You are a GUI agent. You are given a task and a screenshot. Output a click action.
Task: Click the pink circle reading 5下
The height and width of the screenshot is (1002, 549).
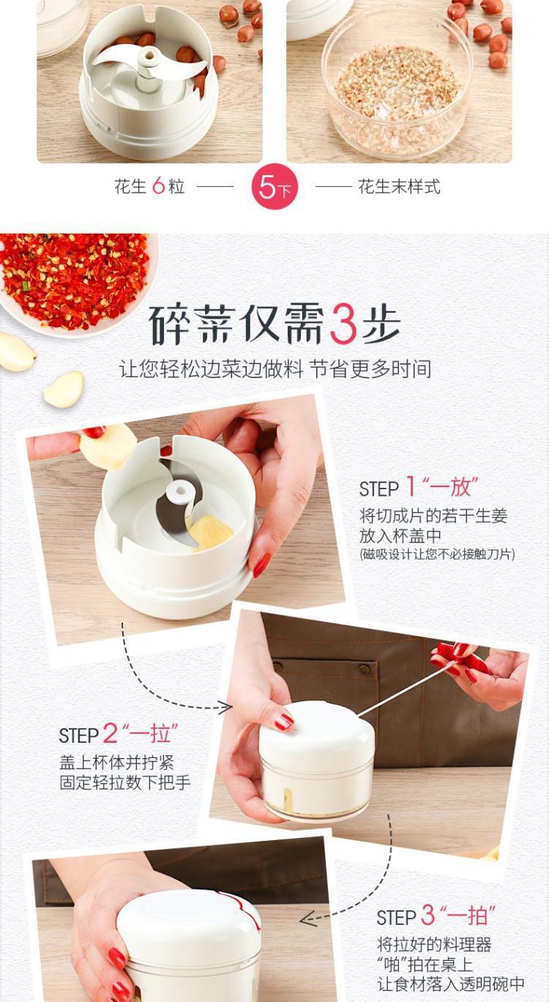tap(274, 187)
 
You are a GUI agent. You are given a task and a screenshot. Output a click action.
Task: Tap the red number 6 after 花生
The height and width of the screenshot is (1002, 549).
tap(159, 186)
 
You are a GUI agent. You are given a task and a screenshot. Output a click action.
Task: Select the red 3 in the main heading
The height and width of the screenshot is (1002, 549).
tap(343, 324)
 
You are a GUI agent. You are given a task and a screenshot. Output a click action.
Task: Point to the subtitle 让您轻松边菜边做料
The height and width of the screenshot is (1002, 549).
tap(211, 369)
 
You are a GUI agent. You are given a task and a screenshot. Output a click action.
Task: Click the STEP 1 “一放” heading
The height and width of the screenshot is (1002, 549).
tap(419, 486)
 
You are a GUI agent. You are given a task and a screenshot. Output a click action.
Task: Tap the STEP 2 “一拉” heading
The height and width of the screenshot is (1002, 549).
tap(119, 734)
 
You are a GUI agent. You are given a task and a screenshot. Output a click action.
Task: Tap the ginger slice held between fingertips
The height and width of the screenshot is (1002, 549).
tap(108, 446)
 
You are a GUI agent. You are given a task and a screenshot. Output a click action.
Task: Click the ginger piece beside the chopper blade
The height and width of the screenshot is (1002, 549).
tap(211, 532)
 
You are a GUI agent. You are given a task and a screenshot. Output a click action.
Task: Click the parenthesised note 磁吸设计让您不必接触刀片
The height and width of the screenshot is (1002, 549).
tap(437, 554)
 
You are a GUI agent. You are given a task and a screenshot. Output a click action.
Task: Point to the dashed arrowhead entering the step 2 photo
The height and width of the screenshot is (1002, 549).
tap(225, 707)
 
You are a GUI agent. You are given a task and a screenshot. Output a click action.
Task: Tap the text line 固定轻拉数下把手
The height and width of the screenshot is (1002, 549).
tap(125, 782)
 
